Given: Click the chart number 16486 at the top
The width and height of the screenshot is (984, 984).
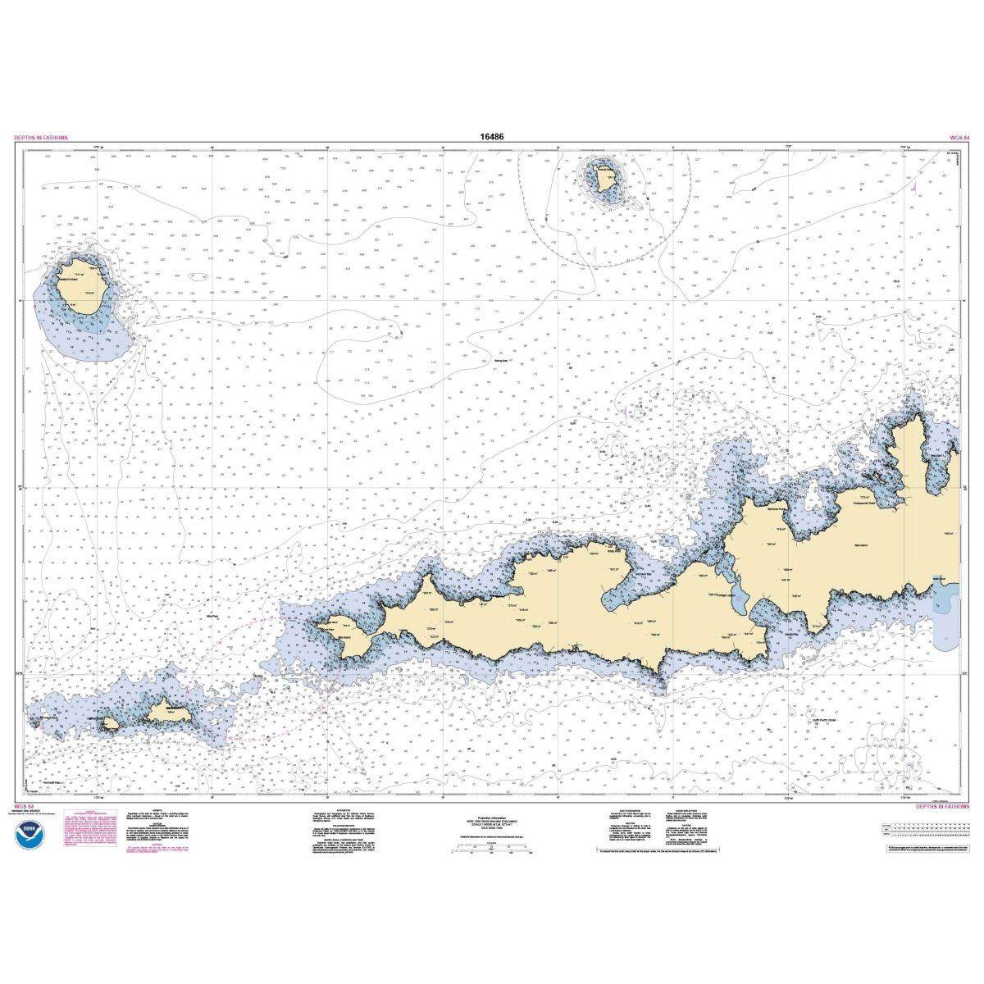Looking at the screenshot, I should [493, 137].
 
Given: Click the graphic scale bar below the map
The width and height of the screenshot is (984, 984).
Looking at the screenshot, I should [484, 852].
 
